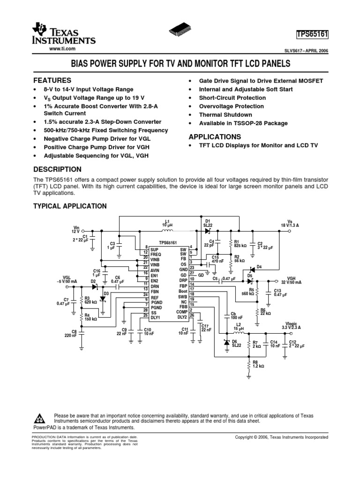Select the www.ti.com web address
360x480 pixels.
coord(62,49)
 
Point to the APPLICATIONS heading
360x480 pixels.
coord(215,137)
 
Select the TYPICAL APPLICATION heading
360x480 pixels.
coord(70,206)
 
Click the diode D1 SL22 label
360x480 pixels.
coord(208,223)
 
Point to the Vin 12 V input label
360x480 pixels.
coord(75,230)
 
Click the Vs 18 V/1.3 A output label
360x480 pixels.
coord(289,223)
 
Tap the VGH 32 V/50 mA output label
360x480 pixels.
coord(291,281)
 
